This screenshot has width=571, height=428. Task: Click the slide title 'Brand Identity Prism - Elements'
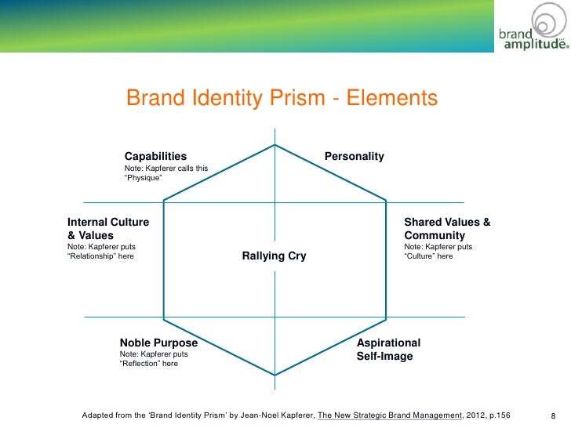click(281, 100)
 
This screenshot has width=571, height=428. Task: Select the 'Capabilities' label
click(156, 156)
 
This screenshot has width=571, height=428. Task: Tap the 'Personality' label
click(355, 156)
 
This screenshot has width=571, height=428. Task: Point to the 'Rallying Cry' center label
click(274, 256)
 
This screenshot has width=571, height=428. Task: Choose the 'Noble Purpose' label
click(158, 343)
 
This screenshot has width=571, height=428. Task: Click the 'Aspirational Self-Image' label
click(388, 350)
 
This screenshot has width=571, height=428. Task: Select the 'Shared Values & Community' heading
click(447, 229)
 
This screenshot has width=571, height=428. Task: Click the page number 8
click(554, 415)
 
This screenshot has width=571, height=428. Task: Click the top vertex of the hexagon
click(275, 145)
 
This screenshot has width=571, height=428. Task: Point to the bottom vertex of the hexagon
click(275, 375)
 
